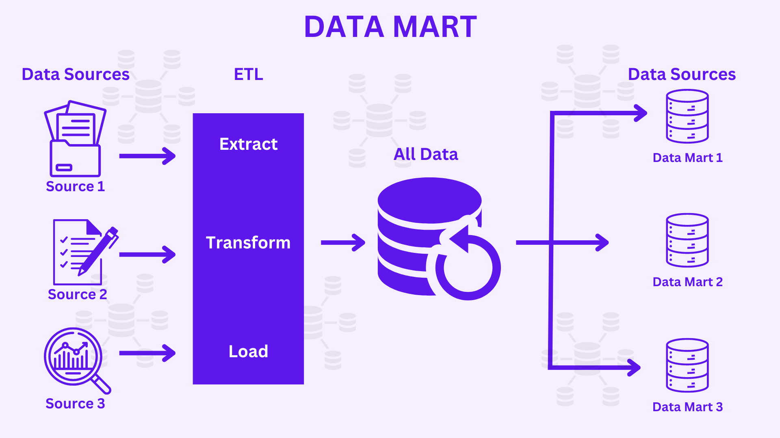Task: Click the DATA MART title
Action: tap(390, 27)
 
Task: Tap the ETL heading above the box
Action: tap(248, 74)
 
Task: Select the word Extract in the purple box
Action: tap(248, 144)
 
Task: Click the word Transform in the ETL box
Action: tap(248, 243)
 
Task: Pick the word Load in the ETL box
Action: tap(248, 352)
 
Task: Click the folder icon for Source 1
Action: tap(75, 140)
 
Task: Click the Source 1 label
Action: tap(75, 186)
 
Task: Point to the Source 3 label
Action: tap(75, 403)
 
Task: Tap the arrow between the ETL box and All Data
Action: tap(343, 243)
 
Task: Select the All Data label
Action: tap(426, 154)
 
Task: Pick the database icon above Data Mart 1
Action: tap(687, 117)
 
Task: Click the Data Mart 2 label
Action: tap(687, 282)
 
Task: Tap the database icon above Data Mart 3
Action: tap(687, 365)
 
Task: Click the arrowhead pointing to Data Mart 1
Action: tap(641, 113)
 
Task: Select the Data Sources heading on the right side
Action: tap(682, 74)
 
